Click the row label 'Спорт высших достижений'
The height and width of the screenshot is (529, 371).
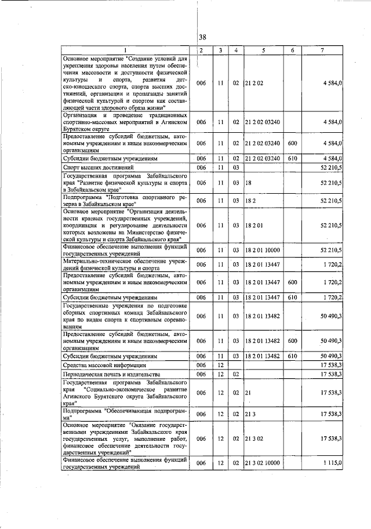(93, 168)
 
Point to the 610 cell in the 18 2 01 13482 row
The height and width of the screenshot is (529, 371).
(293, 356)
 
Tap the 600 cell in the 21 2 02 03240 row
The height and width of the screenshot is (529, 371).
(293, 143)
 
